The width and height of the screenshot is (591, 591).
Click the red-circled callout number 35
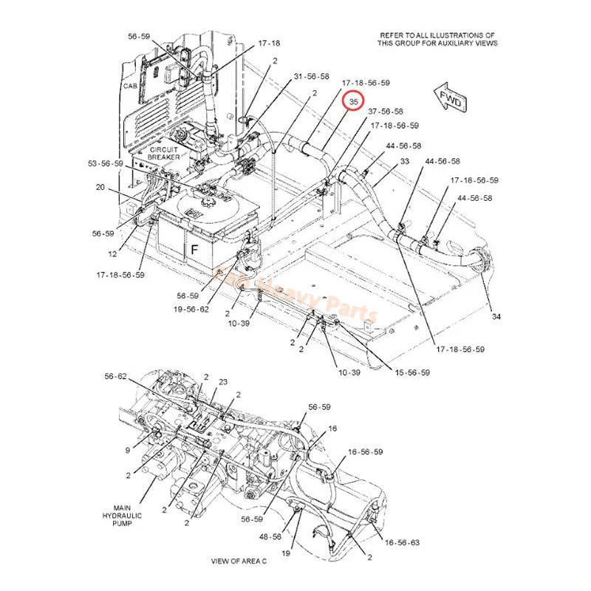[x=354, y=101]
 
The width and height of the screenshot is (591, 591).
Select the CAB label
[x=130, y=86]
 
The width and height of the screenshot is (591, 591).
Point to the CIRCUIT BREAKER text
[x=163, y=154]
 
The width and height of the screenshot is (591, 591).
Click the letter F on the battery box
[x=195, y=250]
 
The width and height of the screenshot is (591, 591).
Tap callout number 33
[x=405, y=161]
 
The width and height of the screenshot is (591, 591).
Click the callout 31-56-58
[x=311, y=76]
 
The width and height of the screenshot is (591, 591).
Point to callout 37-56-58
[x=386, y=112]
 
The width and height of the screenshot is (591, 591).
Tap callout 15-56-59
[x=411, y=372]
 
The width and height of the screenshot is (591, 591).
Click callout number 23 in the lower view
[x=222, y=382]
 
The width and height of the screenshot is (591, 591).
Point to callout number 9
[x=127, y=449]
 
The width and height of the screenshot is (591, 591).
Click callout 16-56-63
[x=403, y=542]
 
